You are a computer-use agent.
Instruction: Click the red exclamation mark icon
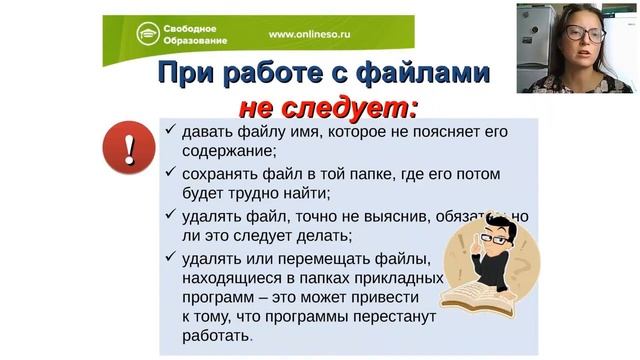127,148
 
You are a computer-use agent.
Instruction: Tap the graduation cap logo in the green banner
148,34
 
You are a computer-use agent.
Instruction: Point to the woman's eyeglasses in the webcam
585,33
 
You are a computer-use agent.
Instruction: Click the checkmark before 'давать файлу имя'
171,130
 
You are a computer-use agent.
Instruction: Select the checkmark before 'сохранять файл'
171,172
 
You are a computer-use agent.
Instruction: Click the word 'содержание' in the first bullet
227,151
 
